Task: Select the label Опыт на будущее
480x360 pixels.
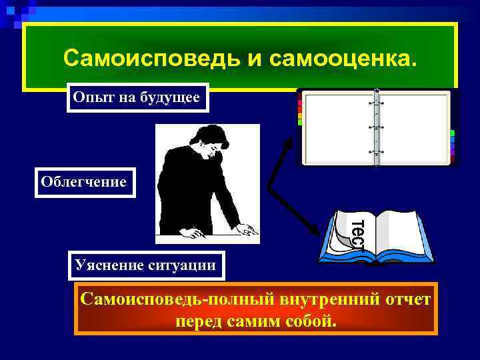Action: coord(137,98)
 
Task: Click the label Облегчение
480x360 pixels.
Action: coord(83,181)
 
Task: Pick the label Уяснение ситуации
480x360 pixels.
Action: coord(147,265)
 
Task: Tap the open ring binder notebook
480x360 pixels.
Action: coord(377,127)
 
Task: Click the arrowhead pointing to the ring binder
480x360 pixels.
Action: coord(292,141)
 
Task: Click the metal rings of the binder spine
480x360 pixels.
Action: coord(377,127)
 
